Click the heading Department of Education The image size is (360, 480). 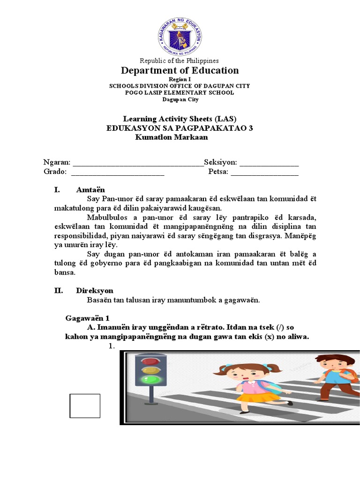click(x=180, y=71)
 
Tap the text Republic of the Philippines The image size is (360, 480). click(x=180, y=61)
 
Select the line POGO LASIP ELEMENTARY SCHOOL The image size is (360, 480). click(x=180, y=92)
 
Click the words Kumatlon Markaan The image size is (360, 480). click(x=171, y=137)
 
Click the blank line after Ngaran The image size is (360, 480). click(x=138, y=163)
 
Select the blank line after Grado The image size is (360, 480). click(x=117, y=172)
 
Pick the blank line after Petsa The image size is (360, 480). click(x=264, y=172)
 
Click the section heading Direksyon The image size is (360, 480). click(x=95, y=291)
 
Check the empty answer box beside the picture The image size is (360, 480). click(x=85, y=405)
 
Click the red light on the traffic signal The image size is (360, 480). click(x=150, y=361)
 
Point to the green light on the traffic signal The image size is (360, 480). click(x=150, y=379)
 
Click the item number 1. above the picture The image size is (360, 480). click(x=112, y=346)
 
